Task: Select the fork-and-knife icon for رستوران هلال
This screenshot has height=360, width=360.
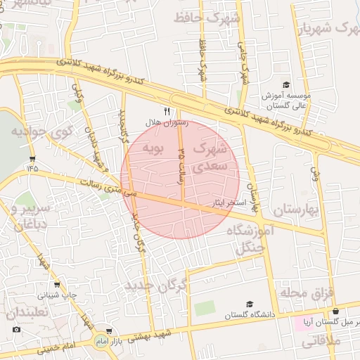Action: [x=167, y=110]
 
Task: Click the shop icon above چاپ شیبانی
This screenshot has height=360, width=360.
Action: [x=56, y=285]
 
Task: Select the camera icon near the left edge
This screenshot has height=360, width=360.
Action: [x=16, y=329]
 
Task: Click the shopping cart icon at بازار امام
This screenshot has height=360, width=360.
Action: [x=108, y=330]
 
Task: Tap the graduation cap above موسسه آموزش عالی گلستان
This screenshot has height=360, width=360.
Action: [x=285, y=84]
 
